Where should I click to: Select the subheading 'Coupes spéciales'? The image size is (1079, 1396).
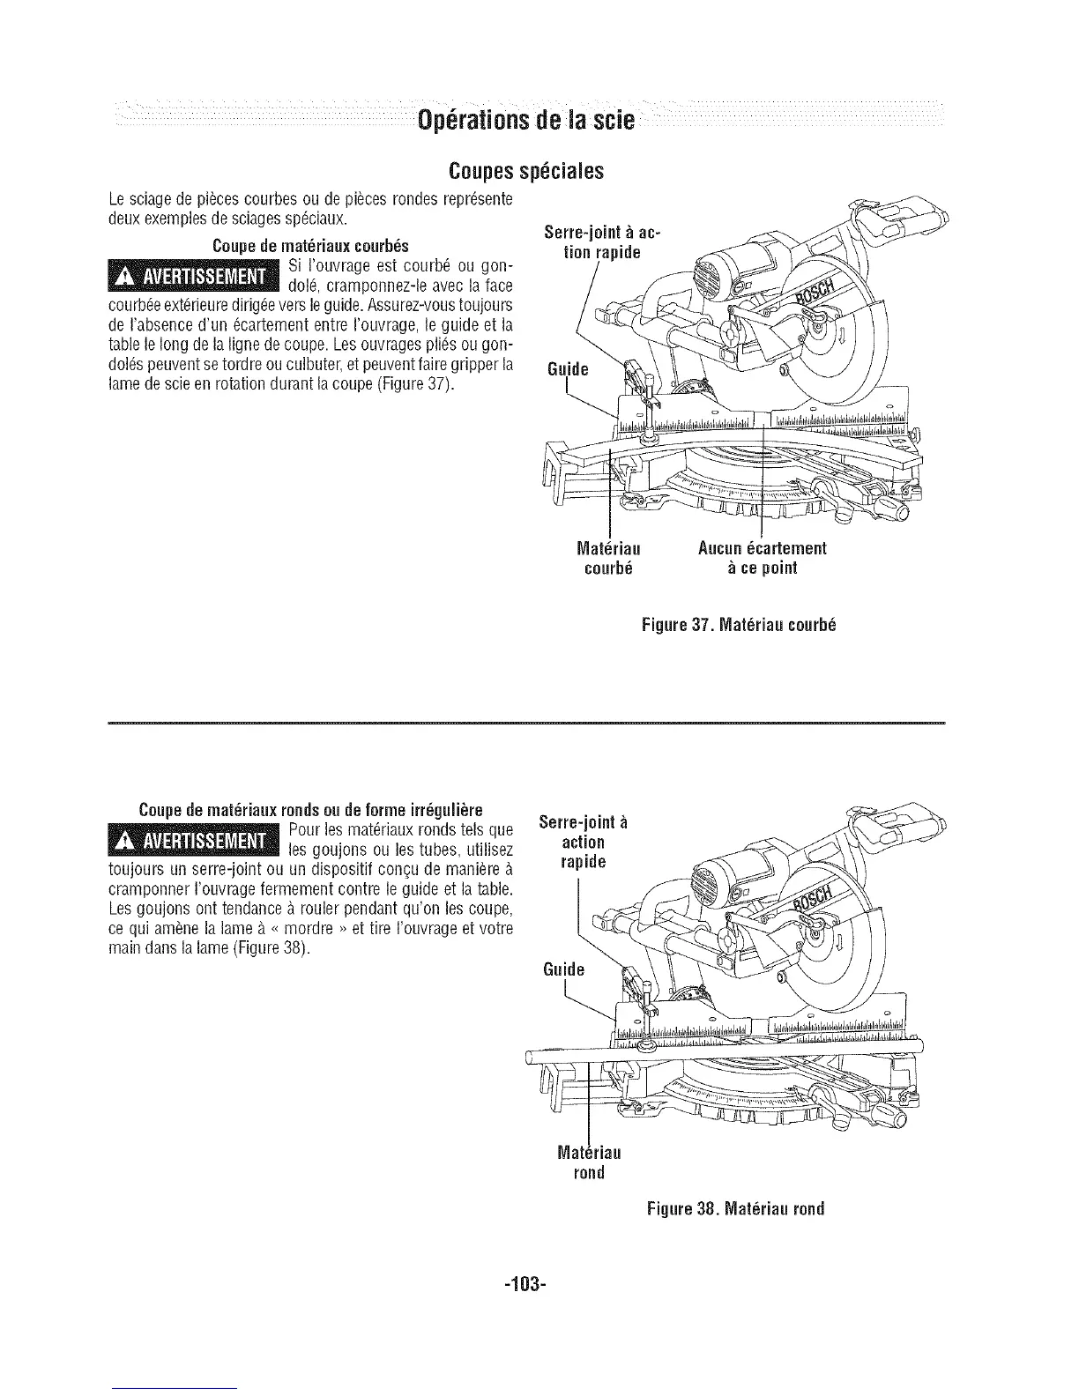[526, 169]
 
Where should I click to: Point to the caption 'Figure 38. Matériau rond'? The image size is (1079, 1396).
[735, 1208]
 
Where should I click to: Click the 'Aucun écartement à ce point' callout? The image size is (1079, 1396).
[762, 558]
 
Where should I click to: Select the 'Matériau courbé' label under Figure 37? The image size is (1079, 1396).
[607, 558]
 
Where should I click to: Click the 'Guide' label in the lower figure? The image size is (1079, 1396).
[564, 970]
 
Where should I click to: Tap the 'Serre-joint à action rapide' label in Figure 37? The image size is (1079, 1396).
[601, 241]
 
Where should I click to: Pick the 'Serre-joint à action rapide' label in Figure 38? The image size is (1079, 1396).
[583, 843]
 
